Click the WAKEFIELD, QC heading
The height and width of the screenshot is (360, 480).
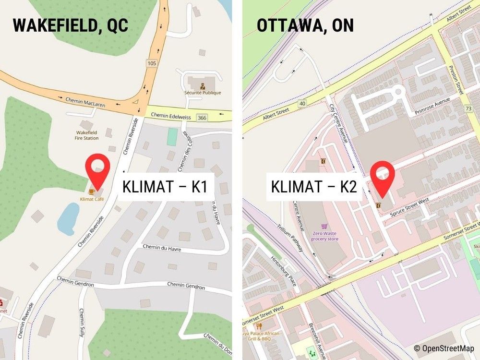click(x=71, y=24)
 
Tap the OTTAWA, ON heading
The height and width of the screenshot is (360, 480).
click(x=305, y=24)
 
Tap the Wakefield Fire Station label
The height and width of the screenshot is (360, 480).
click(x=87, y=135)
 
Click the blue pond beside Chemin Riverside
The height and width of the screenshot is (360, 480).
click(x=68, y=217)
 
